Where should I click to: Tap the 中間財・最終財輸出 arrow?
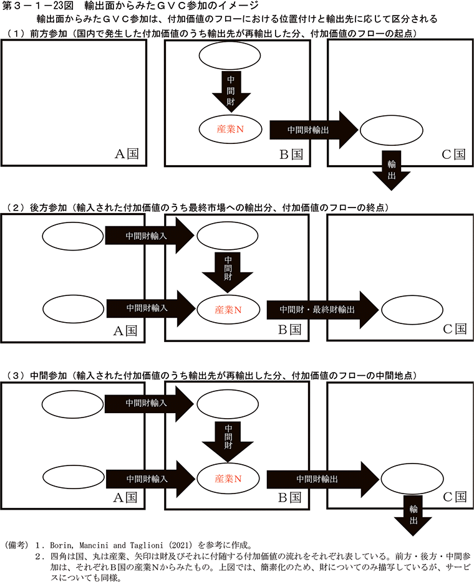click(321, 308)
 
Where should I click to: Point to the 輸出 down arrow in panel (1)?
click(392, 169)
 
